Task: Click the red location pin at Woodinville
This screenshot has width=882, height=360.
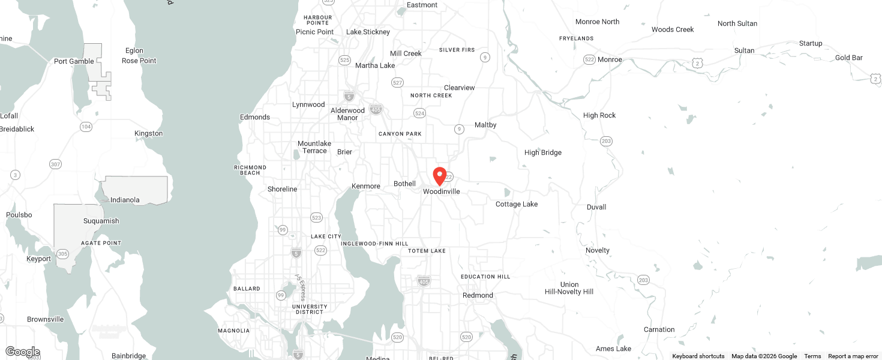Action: (x=440, y=176)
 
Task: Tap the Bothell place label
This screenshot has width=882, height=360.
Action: (x=404, y=184)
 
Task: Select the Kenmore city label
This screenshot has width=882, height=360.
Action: (x=366, y=186)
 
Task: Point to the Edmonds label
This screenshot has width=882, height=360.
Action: (x=255, y=117)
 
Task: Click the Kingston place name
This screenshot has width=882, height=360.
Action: (x=149, y=133)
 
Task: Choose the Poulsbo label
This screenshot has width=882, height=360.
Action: (x=19, y=215)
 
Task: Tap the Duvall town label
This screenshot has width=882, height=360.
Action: (x=596, y=207)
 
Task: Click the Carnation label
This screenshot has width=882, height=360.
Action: (x=659, y=329)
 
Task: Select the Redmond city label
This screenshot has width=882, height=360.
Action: (x=478, y=295)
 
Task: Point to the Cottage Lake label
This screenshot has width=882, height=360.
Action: (x=517, y=204)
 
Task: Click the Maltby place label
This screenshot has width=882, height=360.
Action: (x=485, y=125)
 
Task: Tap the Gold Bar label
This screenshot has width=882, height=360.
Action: (x=849, y=58)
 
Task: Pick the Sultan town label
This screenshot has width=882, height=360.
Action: (x=745, y=50)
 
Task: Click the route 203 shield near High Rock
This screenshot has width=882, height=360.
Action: (x=606, y=141)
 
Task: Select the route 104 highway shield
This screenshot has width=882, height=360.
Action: (x=86, y=127)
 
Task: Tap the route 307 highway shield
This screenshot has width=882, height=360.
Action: (x=55, y=164)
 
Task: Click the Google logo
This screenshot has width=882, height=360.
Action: (x=22, y=352)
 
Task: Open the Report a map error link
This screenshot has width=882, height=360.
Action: (x=853, y=356)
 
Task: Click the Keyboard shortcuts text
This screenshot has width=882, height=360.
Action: (x=698, y=356)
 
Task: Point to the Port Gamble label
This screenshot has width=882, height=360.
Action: (x=74, y=61)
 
